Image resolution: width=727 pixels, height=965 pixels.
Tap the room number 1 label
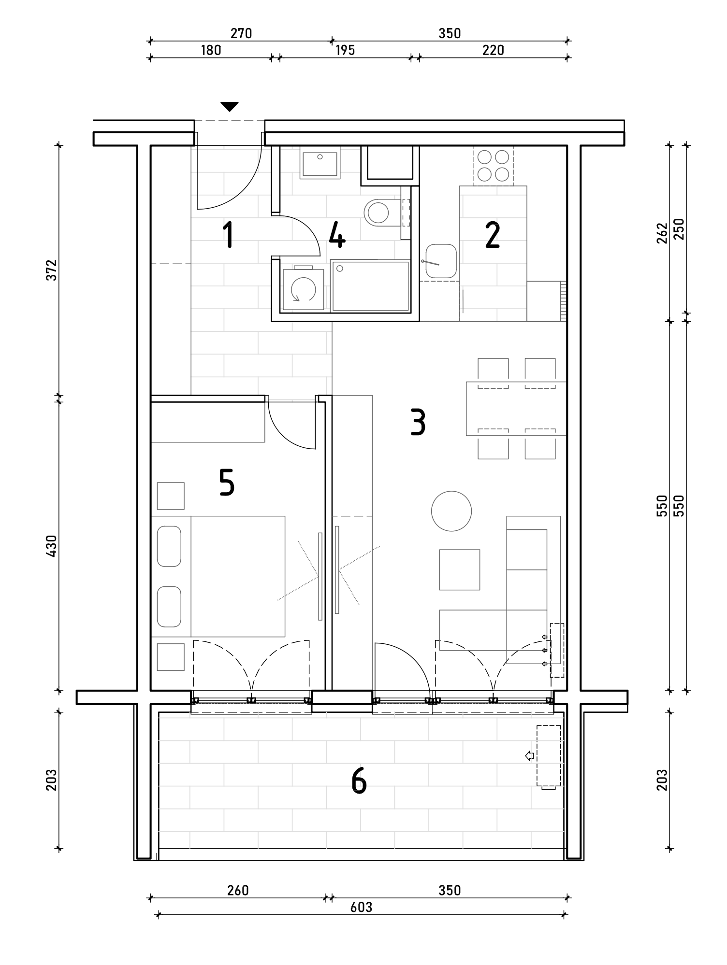pyautogui.click(x=228, y=235)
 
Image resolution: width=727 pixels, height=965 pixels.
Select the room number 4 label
pyautogui.click(x=337, y=235)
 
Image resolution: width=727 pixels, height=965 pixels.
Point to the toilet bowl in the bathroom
pyautogui.click(x=381, y=213)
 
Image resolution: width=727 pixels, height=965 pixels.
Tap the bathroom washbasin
pyautogui.click(x=320, y=163)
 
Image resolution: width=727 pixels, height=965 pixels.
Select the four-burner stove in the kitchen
pyautogui.click(x=493, y=166)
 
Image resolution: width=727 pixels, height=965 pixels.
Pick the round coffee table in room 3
pyautogui.click(x=451, y=511)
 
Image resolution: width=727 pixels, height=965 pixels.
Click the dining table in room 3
pyautogui.click(x=516, y=409)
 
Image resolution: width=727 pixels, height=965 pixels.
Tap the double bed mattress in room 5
pyautogui.click(x=238, y=576)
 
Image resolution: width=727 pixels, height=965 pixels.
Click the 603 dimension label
pyautogui.click(x=361, y=908)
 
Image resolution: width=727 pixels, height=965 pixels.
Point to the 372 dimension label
pyautogui.click(x=52, y=270)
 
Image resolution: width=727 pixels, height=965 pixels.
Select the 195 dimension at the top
pyautogui.click(x=345, y=50)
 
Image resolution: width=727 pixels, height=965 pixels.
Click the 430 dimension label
pyautogui.click(x=52, y=545)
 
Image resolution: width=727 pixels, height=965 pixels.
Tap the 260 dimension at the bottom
pyautogui.click(x=238, y=890)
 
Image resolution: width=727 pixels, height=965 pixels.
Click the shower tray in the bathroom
pyautogui.click(x=370, y=286)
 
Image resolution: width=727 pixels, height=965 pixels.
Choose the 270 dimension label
pyautogui.click(x=241, y=33)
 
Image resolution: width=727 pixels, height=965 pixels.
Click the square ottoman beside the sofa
pyautogui.click(x=459, y=569)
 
